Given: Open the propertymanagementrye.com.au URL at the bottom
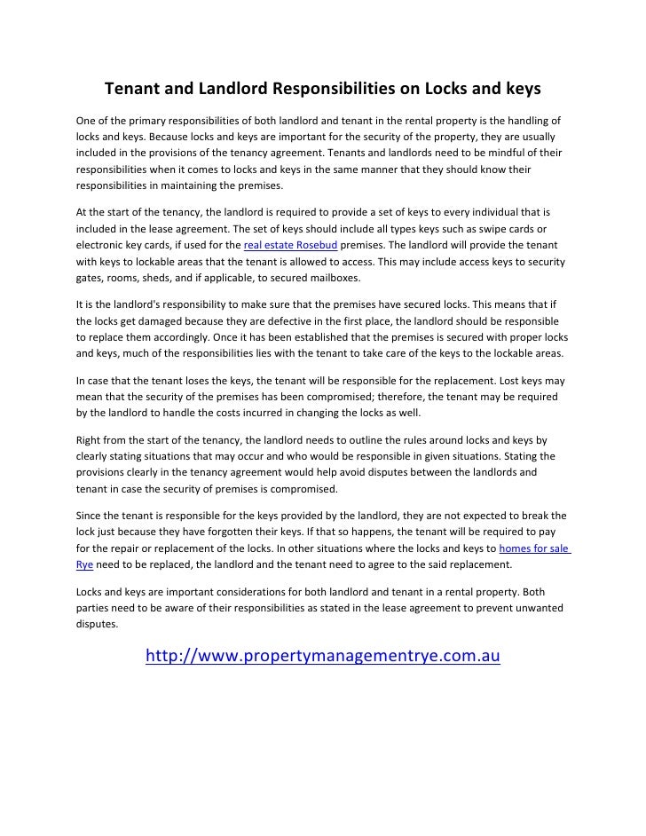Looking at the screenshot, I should pos(323,657).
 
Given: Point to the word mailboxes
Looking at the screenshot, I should pos(328,278).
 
